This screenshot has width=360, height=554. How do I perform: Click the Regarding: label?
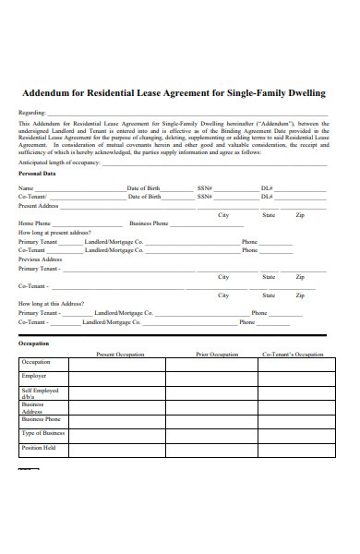click(x=32, y=112)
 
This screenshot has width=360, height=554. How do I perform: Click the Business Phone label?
click(x=149, y=223)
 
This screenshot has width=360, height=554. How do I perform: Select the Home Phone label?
click(x=34, y=223)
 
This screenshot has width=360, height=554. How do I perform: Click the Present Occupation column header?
click(x=120, y=355)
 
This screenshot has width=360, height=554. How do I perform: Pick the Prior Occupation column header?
click(x=217, y=355)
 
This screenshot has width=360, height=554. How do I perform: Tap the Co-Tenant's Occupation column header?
click(x=293, y=355)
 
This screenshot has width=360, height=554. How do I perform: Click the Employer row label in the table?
click(x=34, y=376)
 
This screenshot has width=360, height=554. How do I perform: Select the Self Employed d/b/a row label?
click(x=39, y=393)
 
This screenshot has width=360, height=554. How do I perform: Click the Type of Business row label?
click(x=42, y=433)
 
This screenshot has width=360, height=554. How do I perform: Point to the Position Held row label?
click(x=39, y=448)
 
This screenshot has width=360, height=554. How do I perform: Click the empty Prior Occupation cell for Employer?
click(x=217, y=377)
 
